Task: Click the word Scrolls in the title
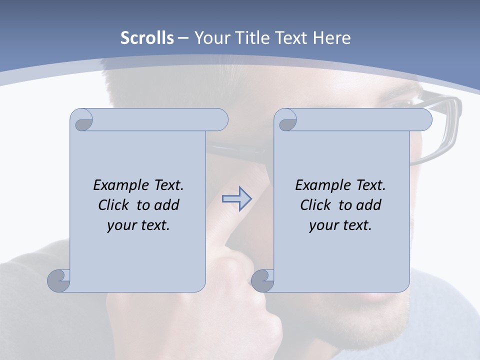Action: coord(147,38)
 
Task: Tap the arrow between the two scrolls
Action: coord(237,198)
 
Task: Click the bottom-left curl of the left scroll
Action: coord(58,280)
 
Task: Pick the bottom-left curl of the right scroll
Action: coord(262,280)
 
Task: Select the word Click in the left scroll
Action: coord(114,205)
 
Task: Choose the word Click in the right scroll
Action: coord(316,205)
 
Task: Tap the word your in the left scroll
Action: coord(120,225)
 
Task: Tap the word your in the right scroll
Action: coord(322,225)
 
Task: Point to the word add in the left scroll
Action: coord(166,205)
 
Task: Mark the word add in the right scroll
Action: coord(368,205)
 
